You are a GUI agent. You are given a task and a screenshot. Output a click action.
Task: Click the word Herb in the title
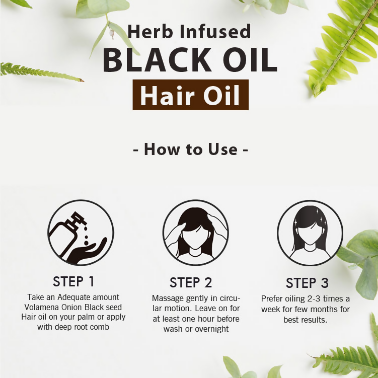pyautogui.click(x=150, y=32)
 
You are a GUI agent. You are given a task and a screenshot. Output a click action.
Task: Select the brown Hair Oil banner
pyautogui.click(x=190, y=95)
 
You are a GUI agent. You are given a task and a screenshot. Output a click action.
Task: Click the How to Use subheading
pyautogui.click(x=190, y=149)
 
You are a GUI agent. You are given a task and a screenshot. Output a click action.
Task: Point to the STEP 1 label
pyautogui.click(x=73, y=281)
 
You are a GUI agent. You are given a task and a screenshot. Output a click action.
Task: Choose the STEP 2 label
pyautogui.click(x=191, y=282)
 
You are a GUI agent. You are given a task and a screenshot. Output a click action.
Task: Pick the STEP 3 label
pyautogui.click(x=307, y=283)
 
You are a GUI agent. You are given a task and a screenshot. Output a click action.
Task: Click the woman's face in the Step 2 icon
pyautogui.click(x=195, y=238)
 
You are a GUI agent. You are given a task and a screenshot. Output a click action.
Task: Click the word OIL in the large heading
pyautogui.click(x=250, y=60)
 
